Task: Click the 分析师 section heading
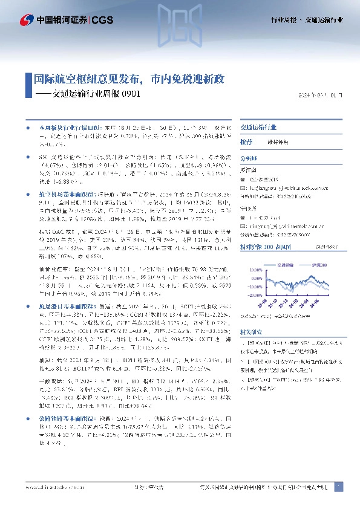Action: pyautogui.click(x=249, y=157)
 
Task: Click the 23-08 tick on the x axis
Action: pyautogui.click(x=264, y=301)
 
